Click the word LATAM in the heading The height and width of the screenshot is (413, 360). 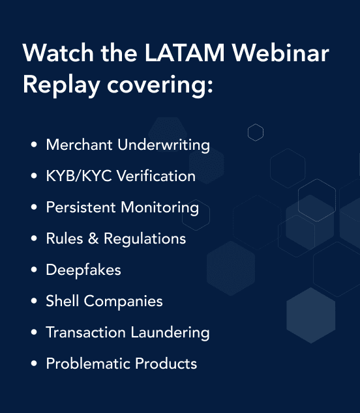[x=185, y=53]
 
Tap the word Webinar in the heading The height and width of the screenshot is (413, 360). [x=280, y=52]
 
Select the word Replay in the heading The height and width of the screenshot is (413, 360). [x=61, y=85]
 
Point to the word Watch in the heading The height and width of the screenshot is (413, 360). [x=58, y=52]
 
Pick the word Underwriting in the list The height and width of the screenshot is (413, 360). [x=164, y=145]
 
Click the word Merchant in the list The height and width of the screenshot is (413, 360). [x=79, y=145]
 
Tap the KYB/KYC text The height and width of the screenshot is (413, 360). [x=79, y=176]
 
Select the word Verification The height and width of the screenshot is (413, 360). [x=156, y=176]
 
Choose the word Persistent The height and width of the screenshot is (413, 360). [x=81, y=207]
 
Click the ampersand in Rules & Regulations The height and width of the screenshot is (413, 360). [x=93, y=238]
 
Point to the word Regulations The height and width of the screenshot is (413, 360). [x=145, y=239]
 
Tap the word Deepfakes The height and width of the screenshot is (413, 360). [x=83, y=270]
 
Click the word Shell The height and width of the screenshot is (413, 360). [x=62, y=301]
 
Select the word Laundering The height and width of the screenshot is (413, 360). [x=170, y=333]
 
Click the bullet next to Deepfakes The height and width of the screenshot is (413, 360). [x=34, y=270]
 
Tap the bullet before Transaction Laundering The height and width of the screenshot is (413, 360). [x=34, y=332]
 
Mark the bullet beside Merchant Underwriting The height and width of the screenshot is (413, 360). [x=34, y=145]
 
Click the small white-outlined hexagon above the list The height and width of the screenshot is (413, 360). [x=256, y=124]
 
